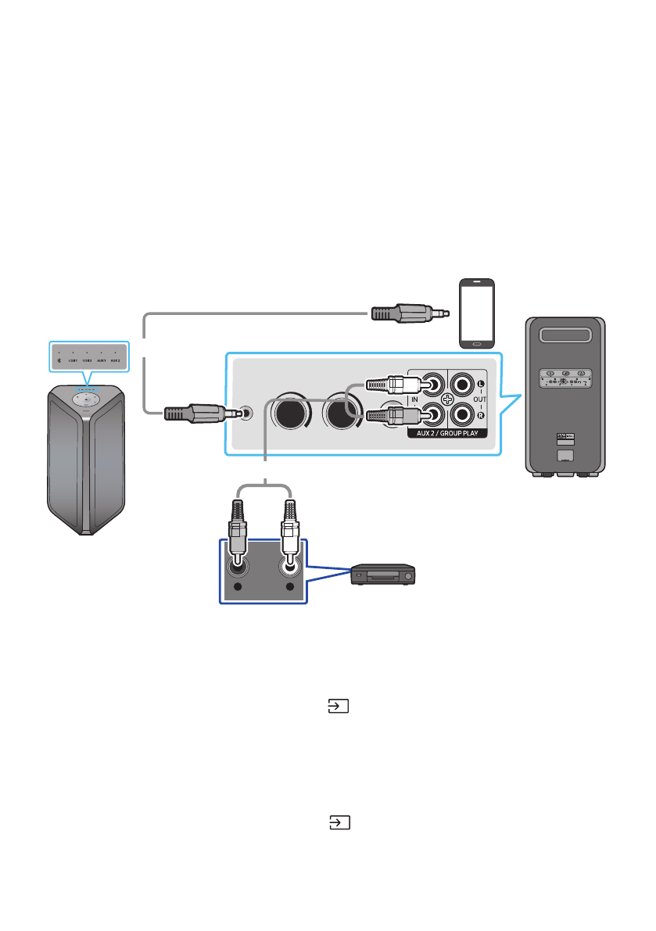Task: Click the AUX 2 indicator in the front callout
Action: (x=115, y=362)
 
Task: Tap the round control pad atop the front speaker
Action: (x=86, y=399)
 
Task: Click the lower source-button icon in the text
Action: (x=338, y=822)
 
